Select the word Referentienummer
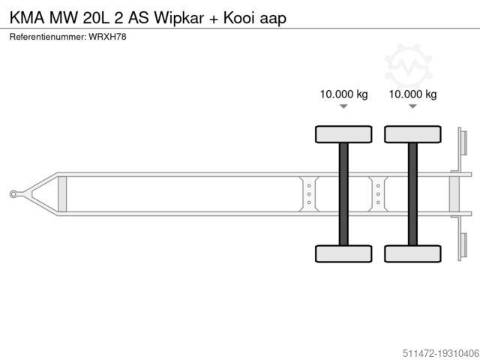click(x=46, y=37)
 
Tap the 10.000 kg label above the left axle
click(x=343, y=94)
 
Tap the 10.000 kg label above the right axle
click(x=412, y=94)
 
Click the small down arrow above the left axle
click(x=343, y=107)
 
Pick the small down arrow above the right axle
click(x=412, y=107)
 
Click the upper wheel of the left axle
click(x=343, y=134)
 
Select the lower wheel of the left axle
click(x=343, y=253)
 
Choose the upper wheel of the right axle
click(x=412, y=134)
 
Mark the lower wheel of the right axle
click(x=412, y=253)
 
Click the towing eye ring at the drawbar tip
click(x=14, y=194)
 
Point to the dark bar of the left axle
click(x=343, y=193)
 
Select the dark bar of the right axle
click(x=412, y=193)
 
